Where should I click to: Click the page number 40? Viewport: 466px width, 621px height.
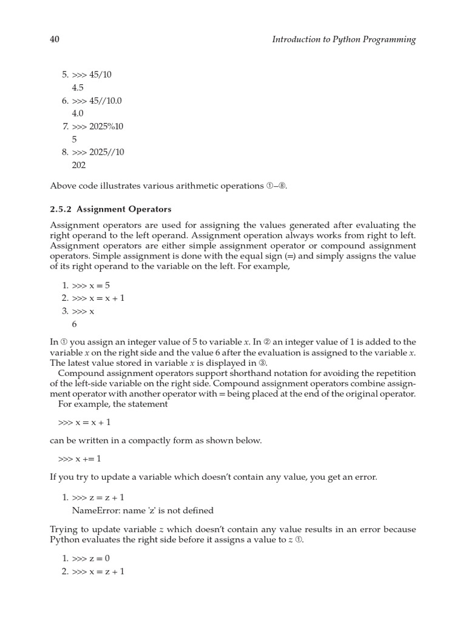[x=54, y=39]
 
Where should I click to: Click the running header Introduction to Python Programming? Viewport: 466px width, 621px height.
[x=344, y=39]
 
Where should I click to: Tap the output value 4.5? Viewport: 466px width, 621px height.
[x=77, y=87]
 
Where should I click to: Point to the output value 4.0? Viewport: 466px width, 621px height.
[x=77, y=113]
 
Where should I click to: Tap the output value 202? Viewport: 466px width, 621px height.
[x=79, y=165]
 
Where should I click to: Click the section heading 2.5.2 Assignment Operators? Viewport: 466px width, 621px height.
[x=110, y=209]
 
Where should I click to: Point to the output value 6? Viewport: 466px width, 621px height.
[x=75, y=324]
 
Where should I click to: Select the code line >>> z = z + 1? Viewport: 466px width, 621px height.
[x=98, y=497]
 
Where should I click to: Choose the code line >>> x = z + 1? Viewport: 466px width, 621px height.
[x=98, y=571]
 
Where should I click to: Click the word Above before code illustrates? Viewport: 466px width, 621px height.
[x=63, y=186]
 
